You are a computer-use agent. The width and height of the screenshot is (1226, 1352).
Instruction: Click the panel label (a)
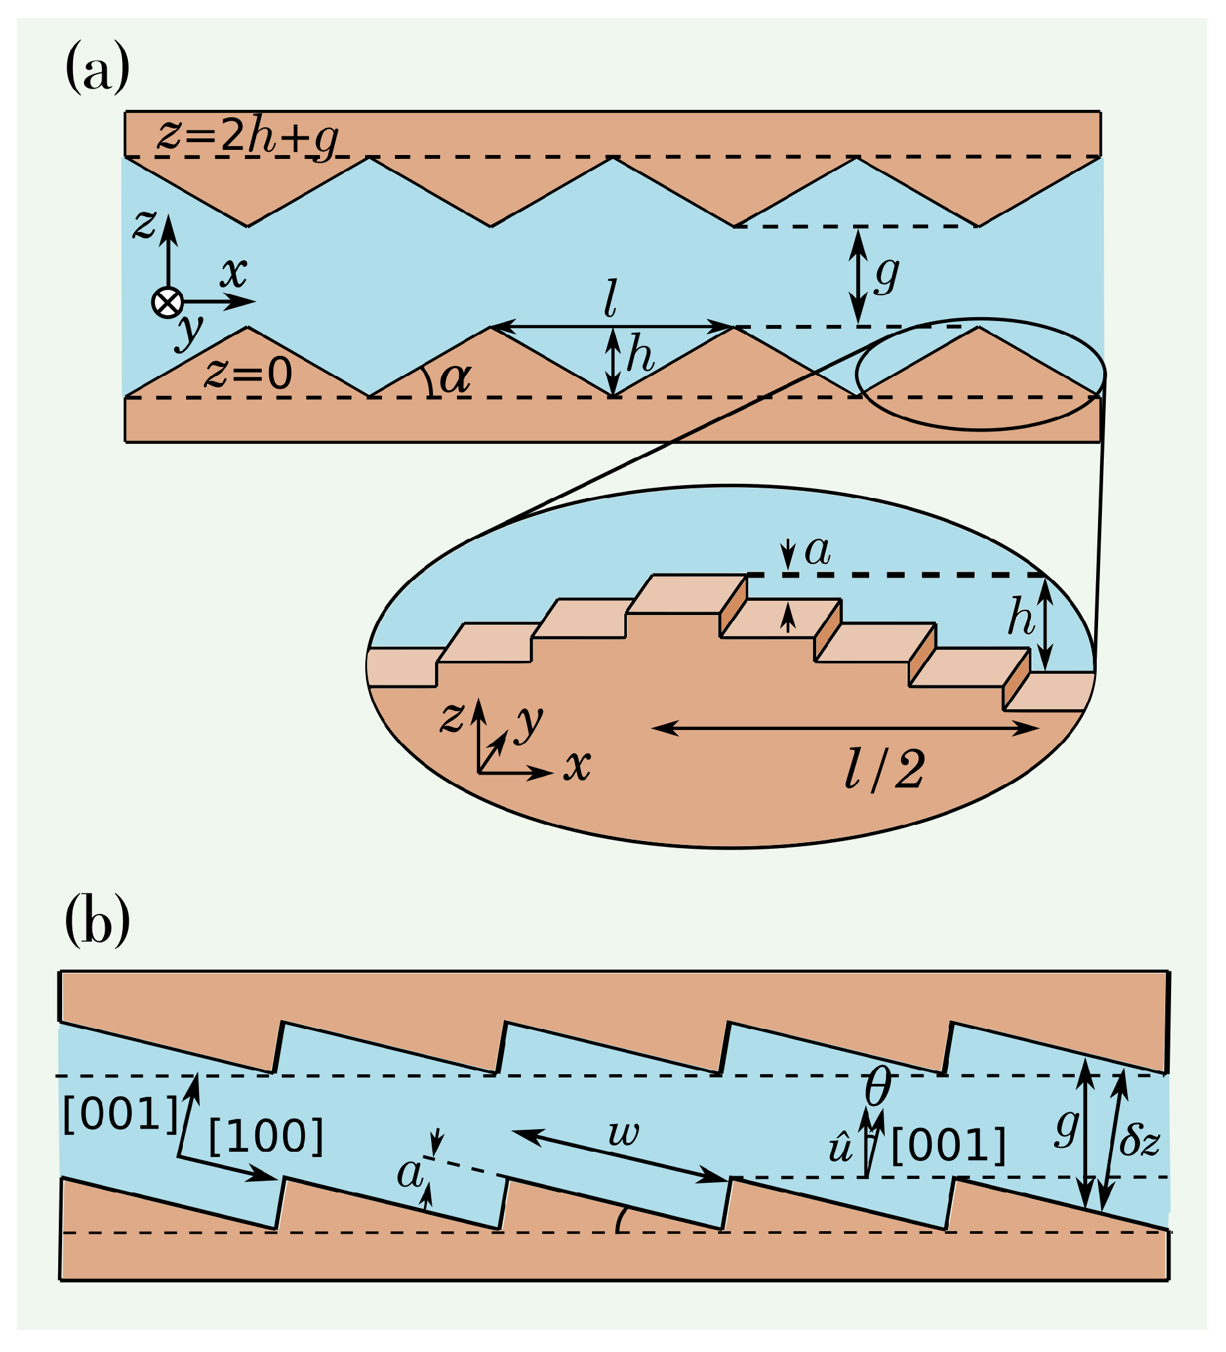[x=98, y=67]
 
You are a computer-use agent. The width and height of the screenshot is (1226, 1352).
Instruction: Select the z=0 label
[x=248, y=373]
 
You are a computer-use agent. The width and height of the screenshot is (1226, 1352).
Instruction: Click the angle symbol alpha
[x=455, y=379]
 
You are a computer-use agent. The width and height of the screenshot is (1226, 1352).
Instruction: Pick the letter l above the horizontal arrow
[x=610, y=299]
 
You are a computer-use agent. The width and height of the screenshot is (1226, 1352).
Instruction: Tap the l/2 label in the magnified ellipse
[x=884, y=770]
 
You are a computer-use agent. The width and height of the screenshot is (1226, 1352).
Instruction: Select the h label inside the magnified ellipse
[x=1020, y=618]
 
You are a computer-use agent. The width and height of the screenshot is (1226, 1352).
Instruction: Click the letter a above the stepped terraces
[x=818, y=551]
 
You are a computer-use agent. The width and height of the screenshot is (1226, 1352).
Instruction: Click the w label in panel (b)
[x=624, y=1134]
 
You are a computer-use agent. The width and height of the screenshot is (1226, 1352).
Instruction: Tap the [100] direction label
[x=266, y=1138]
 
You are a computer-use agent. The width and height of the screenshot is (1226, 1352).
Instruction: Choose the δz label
[x=1139, y=1141]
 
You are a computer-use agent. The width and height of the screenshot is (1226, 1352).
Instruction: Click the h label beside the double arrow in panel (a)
[x=640, y=357]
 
